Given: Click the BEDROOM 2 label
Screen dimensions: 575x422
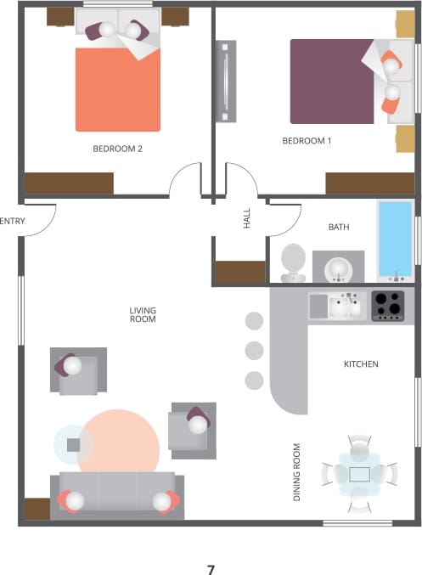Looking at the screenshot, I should (x=117, y=149).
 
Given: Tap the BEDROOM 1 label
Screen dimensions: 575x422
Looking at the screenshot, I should (x=307, y=141).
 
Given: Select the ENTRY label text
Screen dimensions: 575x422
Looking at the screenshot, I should (x=13, y=221).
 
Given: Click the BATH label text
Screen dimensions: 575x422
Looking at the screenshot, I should (x=339, y=227).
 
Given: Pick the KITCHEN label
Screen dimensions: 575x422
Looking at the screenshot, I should (x=361, y=364).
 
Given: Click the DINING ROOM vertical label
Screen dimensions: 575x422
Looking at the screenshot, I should (x=297, y=472).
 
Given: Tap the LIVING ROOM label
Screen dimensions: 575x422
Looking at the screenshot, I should (x=143, y=315).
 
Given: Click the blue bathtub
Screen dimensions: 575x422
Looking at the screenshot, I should (x=394, y=239).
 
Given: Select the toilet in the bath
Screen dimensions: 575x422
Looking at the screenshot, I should (x=294, y=261).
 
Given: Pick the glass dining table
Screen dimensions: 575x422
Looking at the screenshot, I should (x=359, y=474).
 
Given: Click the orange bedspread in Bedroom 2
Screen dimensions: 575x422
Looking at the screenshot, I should (x=118, y=88).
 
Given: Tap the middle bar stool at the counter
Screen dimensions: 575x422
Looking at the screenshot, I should (x=254, y=350).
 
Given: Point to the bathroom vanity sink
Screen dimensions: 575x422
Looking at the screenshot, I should (x=338, y=267).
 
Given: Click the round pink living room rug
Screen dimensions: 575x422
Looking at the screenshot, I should (x=119, y=443).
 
